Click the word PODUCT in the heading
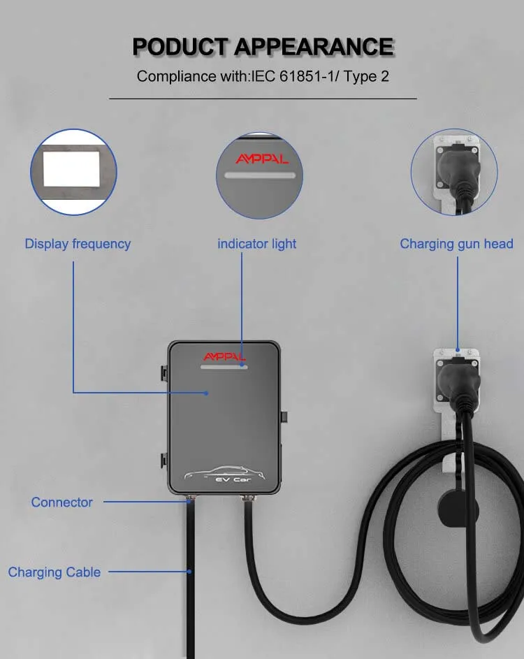click(180, 46)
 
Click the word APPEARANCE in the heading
click(314, 46)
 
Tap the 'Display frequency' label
click(78, 244)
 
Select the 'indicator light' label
click(256, 244)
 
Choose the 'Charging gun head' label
click(456, 244)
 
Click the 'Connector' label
click(61, 502)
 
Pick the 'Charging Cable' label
click(54, 572)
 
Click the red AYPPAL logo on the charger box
click(224, 356)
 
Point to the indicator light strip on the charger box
click(224, 366)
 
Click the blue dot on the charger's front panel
click(207, 393)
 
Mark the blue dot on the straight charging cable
click(189, 572)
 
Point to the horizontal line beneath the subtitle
click(263, 99)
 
